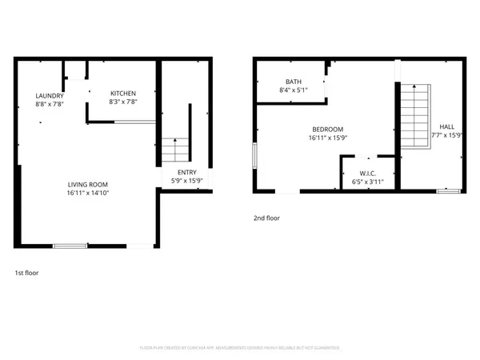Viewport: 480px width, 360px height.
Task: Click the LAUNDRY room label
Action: [x=49, y=95]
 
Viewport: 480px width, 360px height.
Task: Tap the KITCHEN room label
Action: [x=122, y=94]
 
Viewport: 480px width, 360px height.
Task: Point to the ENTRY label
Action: [x=186, y=172]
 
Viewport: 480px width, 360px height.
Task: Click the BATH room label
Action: [x=293, y=82]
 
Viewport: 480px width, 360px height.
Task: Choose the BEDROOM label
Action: [x=327, y=130]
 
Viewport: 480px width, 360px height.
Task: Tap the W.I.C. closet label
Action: [x=368, y=174]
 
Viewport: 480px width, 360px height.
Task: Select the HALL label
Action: [x=446, y=126]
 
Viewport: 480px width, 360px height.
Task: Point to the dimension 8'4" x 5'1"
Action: [x=293, y=90]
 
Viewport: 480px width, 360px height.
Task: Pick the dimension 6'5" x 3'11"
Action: [x=368, y=182]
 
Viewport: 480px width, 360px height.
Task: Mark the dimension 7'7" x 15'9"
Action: [x=446, y=135]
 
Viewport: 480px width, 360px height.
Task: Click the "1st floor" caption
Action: [x=26, y=273]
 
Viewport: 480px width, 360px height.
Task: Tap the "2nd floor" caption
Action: [x=267, y=217]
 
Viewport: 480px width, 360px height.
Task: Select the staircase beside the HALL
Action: [x=414, y=116]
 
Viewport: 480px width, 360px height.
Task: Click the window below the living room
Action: [x=70, y=246]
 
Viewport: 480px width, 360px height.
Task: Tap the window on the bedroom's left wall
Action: [x=254, y=155]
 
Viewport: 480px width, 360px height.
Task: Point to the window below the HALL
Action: [x=448, y=191]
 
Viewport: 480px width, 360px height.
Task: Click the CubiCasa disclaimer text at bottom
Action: [x=240, y=348]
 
